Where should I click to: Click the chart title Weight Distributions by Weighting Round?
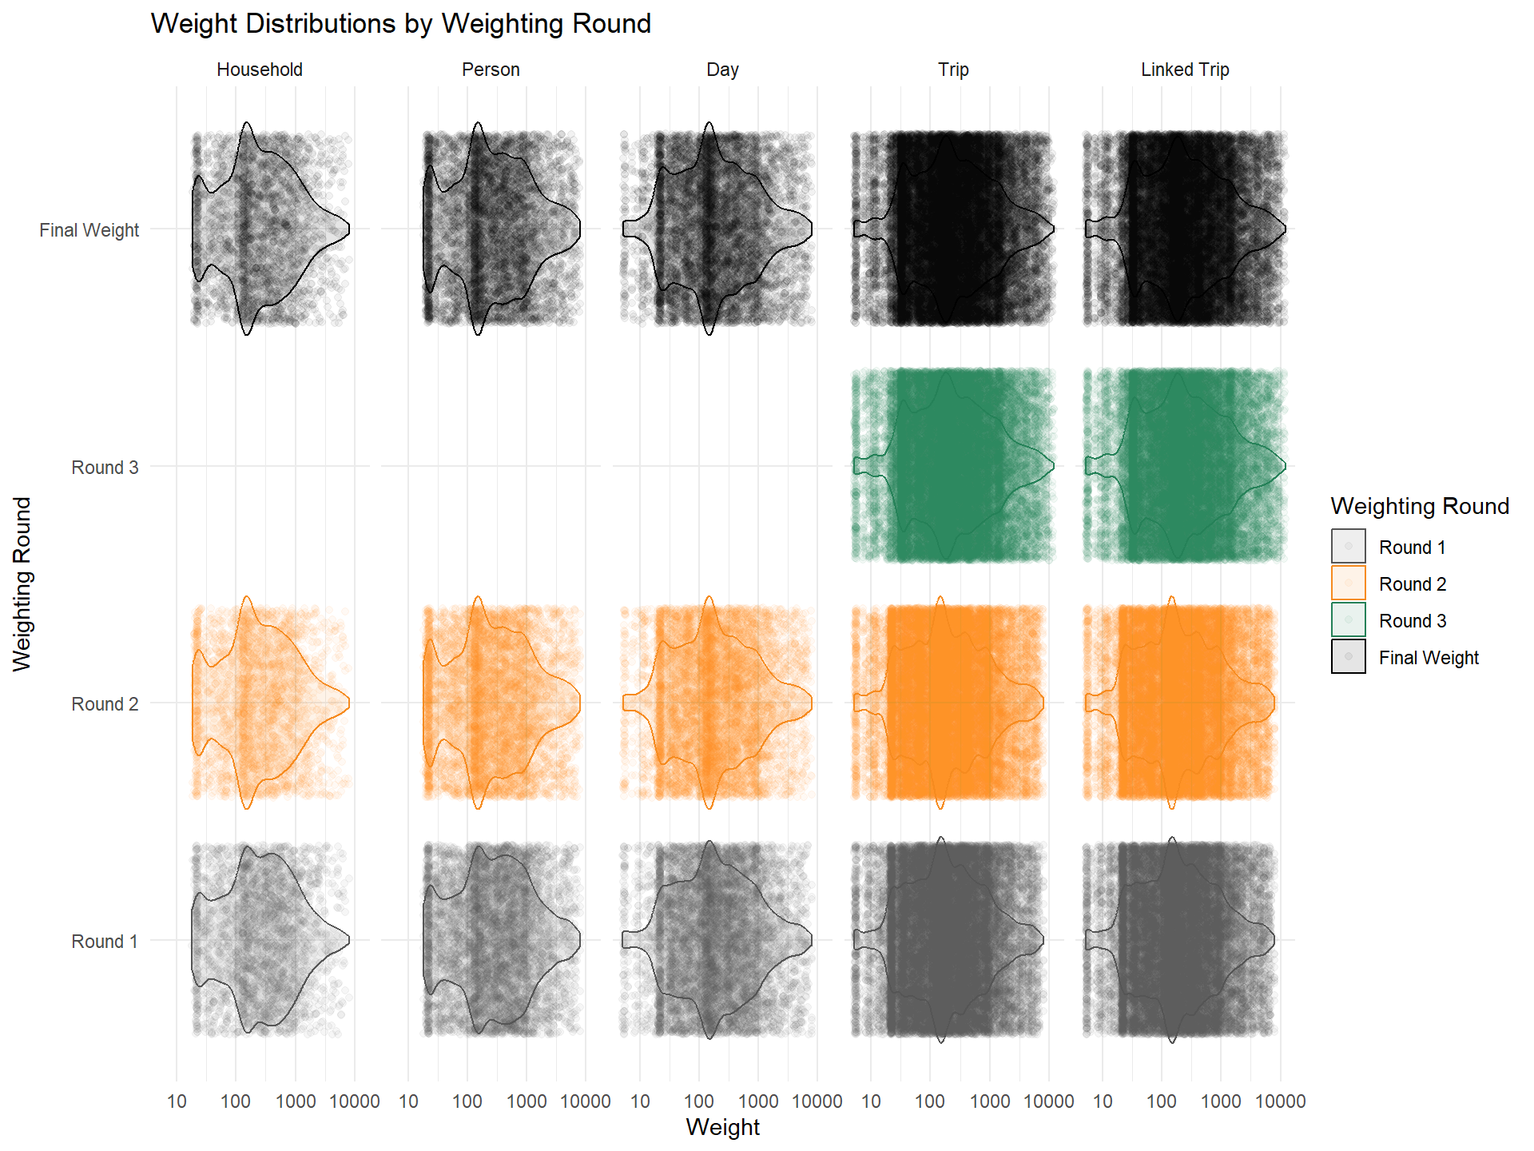tap(400, 24)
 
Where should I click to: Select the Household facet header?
tap(260, 70)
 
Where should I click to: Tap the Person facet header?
tap(491, 70)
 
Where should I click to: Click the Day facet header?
tap(722, 70)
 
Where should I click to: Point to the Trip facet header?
tap(953, 70)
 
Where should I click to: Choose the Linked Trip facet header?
tap(1185, 70)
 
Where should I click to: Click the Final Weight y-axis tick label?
tap(89, 230)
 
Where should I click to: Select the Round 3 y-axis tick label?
tap(105, 468)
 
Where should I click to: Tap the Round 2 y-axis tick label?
tap(105, 704)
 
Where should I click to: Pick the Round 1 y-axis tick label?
tap(105, 942)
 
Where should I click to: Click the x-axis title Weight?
tap(722, 1127)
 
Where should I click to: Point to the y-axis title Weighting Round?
tap(22, 583)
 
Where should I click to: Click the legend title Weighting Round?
tap(1420, 506)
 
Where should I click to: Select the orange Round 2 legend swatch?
tap(1348, 583)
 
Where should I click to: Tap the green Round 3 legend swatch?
tap(1348, 620)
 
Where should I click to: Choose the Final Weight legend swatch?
tap(1348, 657)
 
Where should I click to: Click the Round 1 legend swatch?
tap(1348, 547)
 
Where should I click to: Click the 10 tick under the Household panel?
tap(177, 1101)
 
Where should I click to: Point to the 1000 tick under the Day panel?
tap(758, 1101)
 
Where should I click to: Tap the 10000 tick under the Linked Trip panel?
tap(1280, 1101)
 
